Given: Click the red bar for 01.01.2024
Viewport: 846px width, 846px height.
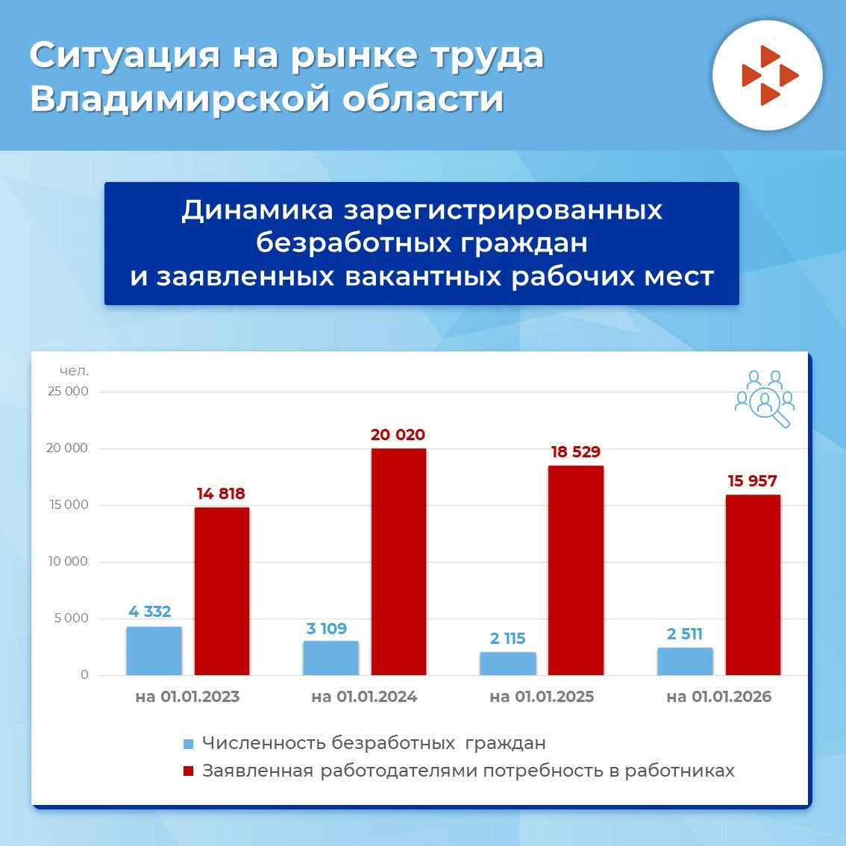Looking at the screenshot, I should click(398, 561).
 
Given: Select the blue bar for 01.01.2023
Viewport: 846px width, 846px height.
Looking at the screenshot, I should click(154, 651).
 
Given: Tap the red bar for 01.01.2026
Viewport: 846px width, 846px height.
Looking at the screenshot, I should click(753, 584).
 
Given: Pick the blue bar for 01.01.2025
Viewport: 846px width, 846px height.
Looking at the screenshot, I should click(508, 663).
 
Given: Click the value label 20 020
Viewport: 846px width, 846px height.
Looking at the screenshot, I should click(398, 435).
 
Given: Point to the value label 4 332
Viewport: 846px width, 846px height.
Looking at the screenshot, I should click(150, 612).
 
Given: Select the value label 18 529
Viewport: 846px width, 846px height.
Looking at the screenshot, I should click(575, 452).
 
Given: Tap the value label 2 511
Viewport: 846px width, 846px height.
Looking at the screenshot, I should click(685, 634).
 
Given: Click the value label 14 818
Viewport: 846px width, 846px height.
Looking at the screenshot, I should click(221, 494).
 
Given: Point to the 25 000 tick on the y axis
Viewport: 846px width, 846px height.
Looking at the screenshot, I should click(68, 392).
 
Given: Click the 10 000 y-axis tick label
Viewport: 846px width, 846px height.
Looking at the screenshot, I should click(68, 562).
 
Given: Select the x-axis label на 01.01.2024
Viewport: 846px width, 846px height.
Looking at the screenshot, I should click(364, 697).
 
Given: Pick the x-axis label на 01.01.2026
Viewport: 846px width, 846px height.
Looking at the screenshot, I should click(718, 697).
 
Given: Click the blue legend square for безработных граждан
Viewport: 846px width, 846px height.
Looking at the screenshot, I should click(188, 744).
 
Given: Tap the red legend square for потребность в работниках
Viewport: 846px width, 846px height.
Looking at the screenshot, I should click(188, 771).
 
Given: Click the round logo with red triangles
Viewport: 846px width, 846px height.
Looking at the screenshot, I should click(767, 76).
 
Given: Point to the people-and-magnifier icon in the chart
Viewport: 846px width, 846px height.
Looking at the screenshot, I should click(764, 398).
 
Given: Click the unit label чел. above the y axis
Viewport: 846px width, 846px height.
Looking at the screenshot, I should click(74, 371).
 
